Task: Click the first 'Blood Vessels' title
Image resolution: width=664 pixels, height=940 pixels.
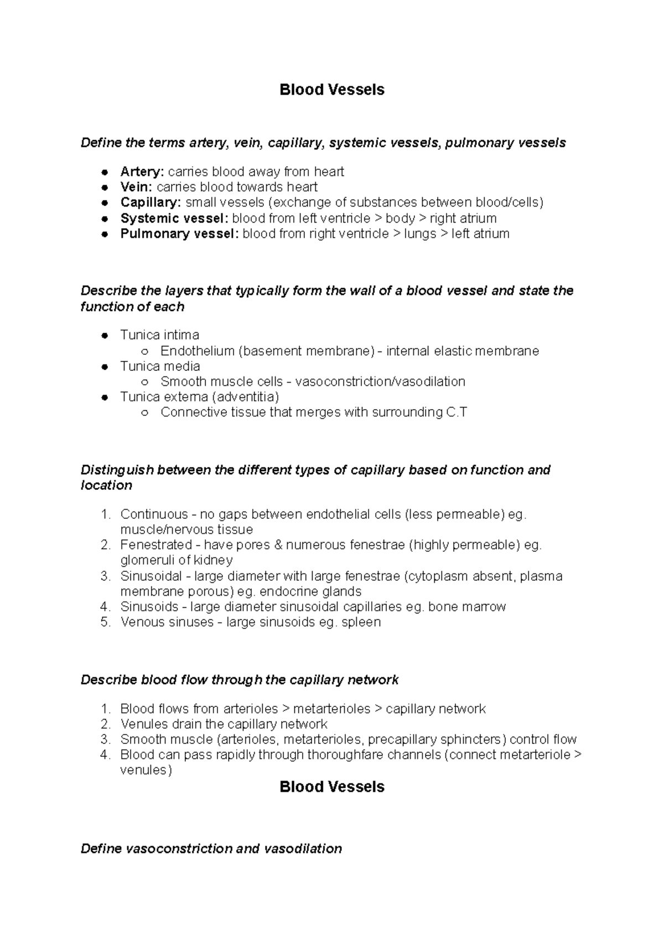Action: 331,90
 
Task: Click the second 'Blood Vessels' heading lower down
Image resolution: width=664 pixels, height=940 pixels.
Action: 331,787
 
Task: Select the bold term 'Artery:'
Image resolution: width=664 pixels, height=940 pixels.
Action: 142,172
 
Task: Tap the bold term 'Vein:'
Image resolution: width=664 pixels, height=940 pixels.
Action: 136,187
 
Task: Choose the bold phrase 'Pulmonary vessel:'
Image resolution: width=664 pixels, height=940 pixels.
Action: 179,234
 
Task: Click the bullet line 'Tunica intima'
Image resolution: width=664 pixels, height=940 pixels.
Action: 159,335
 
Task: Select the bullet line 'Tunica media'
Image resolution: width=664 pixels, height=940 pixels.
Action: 160,366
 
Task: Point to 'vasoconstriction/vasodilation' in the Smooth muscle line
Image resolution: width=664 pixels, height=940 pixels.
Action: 380,381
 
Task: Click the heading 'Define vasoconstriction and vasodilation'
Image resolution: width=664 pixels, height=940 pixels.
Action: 211,849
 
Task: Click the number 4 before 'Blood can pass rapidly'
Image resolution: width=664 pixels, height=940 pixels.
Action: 105,755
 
